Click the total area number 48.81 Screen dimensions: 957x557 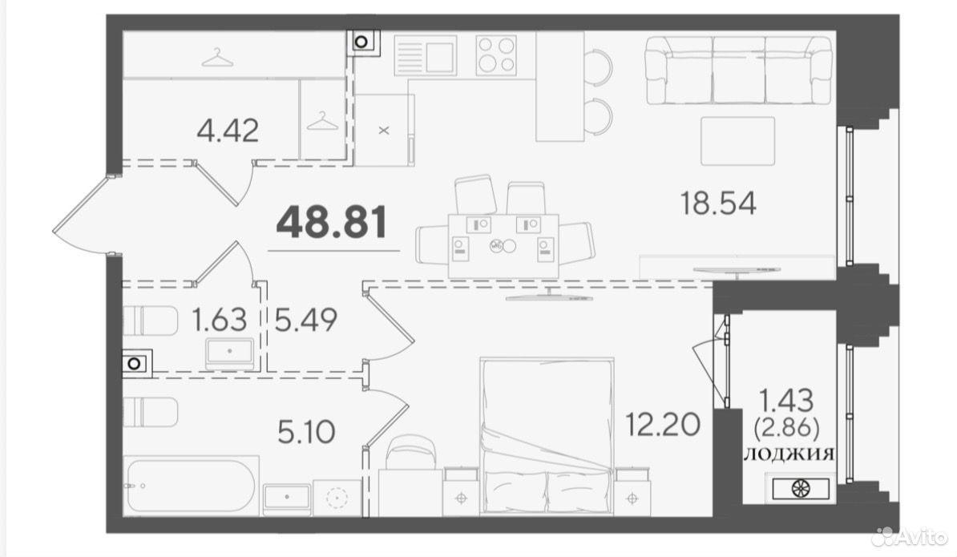(331, 222)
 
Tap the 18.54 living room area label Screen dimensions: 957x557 (718, 203)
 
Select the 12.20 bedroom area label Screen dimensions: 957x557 (662, 424)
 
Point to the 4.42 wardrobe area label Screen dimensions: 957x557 (228, 131)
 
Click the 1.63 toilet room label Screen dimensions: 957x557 (219, 320)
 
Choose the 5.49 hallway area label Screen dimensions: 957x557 (305, 320)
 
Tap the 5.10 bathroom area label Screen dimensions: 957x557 (306, 433)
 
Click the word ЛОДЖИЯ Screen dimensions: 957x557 (788, 454)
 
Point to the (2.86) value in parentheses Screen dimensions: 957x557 (787, 428)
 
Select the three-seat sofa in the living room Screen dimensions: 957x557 (738, 71)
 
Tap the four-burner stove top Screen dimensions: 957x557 (496, 54)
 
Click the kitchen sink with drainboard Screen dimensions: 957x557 (425, 55)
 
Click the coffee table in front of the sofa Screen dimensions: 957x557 (737, 141)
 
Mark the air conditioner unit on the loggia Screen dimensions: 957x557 (801, 488)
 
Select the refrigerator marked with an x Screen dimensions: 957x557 (384, 130)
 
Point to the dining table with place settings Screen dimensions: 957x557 (503, 245)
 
